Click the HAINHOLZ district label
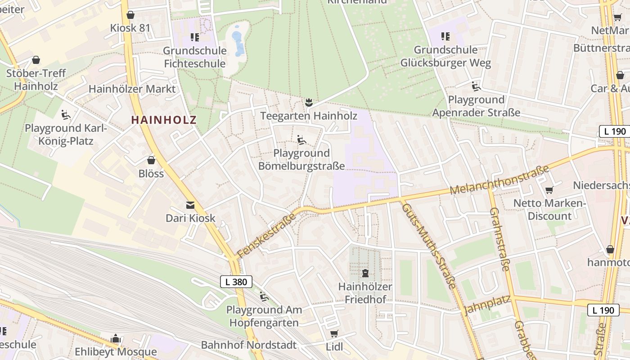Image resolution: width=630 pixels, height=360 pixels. click(164, 120)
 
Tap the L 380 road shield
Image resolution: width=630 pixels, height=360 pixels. click(236, 282)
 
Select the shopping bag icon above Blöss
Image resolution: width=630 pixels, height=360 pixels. click(151, 160)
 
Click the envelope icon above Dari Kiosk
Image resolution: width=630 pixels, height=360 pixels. click(190, 205)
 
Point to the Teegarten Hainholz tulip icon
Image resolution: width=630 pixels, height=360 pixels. click(308, 103)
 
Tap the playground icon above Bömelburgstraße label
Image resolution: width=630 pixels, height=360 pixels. click(301, 140)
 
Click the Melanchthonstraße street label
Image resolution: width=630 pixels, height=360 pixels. click(499, 180)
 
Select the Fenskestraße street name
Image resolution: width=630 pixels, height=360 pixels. click(266, 235)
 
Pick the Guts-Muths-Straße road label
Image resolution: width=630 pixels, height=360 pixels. click(428, 246)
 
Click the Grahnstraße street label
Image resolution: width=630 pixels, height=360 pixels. click(499, 239)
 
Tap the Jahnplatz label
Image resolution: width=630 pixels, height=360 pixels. click(487, 304)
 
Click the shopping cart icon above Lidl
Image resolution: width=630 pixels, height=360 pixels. click(333, 333)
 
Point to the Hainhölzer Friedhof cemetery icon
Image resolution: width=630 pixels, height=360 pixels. click(365, 273)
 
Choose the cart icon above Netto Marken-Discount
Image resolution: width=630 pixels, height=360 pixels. click(549, 190)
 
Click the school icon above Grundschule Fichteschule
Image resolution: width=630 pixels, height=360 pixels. click(194, 37)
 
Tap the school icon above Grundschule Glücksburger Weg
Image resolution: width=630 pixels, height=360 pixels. click(445, 36)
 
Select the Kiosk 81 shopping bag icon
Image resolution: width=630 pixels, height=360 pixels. click(130, 15)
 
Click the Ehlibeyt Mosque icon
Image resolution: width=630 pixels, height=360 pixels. click(116, 338)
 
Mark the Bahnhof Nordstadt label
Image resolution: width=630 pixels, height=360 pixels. click(249, 345)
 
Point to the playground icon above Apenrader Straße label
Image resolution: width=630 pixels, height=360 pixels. click(476, 86)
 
